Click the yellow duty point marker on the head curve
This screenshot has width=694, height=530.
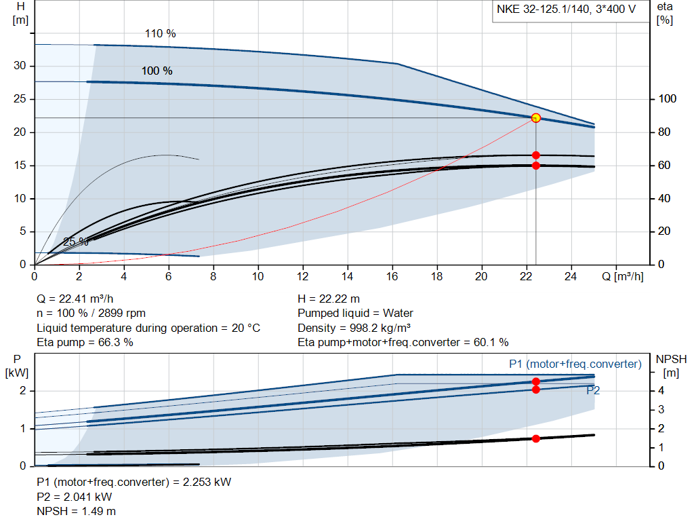pos(535,117)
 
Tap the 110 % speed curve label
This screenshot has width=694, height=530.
pos(160,33)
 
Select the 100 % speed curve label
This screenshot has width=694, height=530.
pos(157,71)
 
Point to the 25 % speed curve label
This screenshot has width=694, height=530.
pos(75,242)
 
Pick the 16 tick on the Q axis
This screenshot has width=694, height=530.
pos(392,277)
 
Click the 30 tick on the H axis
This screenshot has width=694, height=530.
pos(22,66)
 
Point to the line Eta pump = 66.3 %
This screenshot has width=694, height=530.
pos(85,342)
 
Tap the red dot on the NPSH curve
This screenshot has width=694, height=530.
pos(535,438)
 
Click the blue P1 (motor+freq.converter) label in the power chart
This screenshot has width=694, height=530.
pos(575,364)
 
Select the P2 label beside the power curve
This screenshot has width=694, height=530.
pos(593,390)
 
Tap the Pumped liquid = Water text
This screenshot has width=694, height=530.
pos(355,313)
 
